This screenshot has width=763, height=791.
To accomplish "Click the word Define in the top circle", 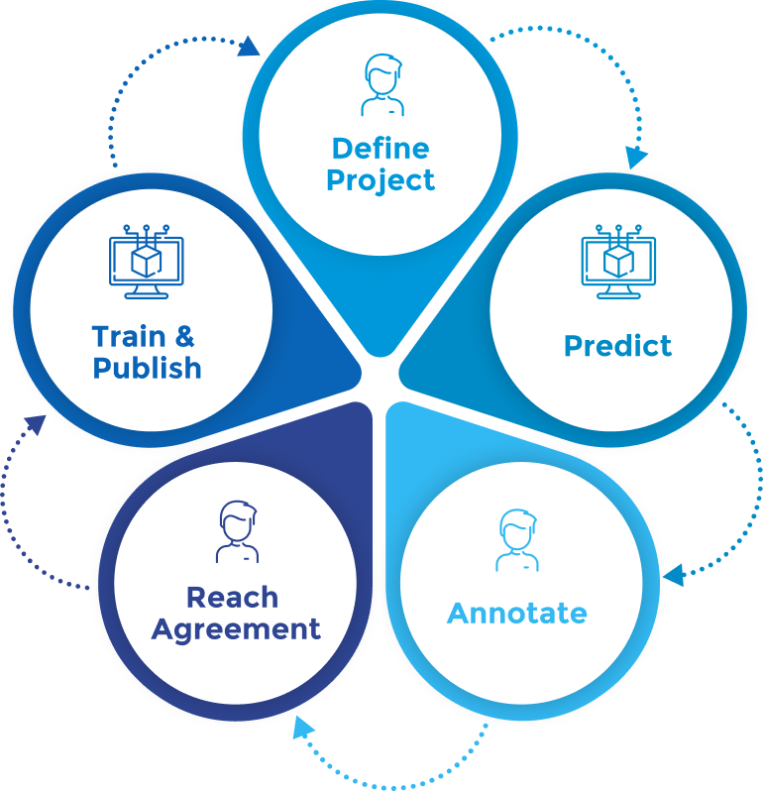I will point(381,149).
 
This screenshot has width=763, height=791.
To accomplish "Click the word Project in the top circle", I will point(381,180).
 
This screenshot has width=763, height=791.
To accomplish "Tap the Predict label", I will point(617,346).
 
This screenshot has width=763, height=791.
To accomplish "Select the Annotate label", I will point(516,613).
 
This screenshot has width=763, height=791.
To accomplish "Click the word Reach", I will point(232,597).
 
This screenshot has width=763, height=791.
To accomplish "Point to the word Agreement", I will point(236,628).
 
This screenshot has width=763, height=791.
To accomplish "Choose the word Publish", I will point(147,368).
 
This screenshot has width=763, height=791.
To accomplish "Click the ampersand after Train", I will point(188,335).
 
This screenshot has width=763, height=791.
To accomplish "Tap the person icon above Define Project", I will point(382,85).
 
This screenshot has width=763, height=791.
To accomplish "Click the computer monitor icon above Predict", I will point(619,261).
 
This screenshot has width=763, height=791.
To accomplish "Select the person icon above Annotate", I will point(516,540).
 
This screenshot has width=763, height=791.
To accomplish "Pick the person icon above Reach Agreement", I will point(237,532).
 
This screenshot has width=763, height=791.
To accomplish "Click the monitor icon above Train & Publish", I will point(146,261).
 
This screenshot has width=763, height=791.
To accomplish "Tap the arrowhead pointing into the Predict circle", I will point(636,157).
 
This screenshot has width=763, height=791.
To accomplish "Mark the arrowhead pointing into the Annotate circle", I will point(674,574).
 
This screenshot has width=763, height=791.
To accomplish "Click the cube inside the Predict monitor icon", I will point(619,261).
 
